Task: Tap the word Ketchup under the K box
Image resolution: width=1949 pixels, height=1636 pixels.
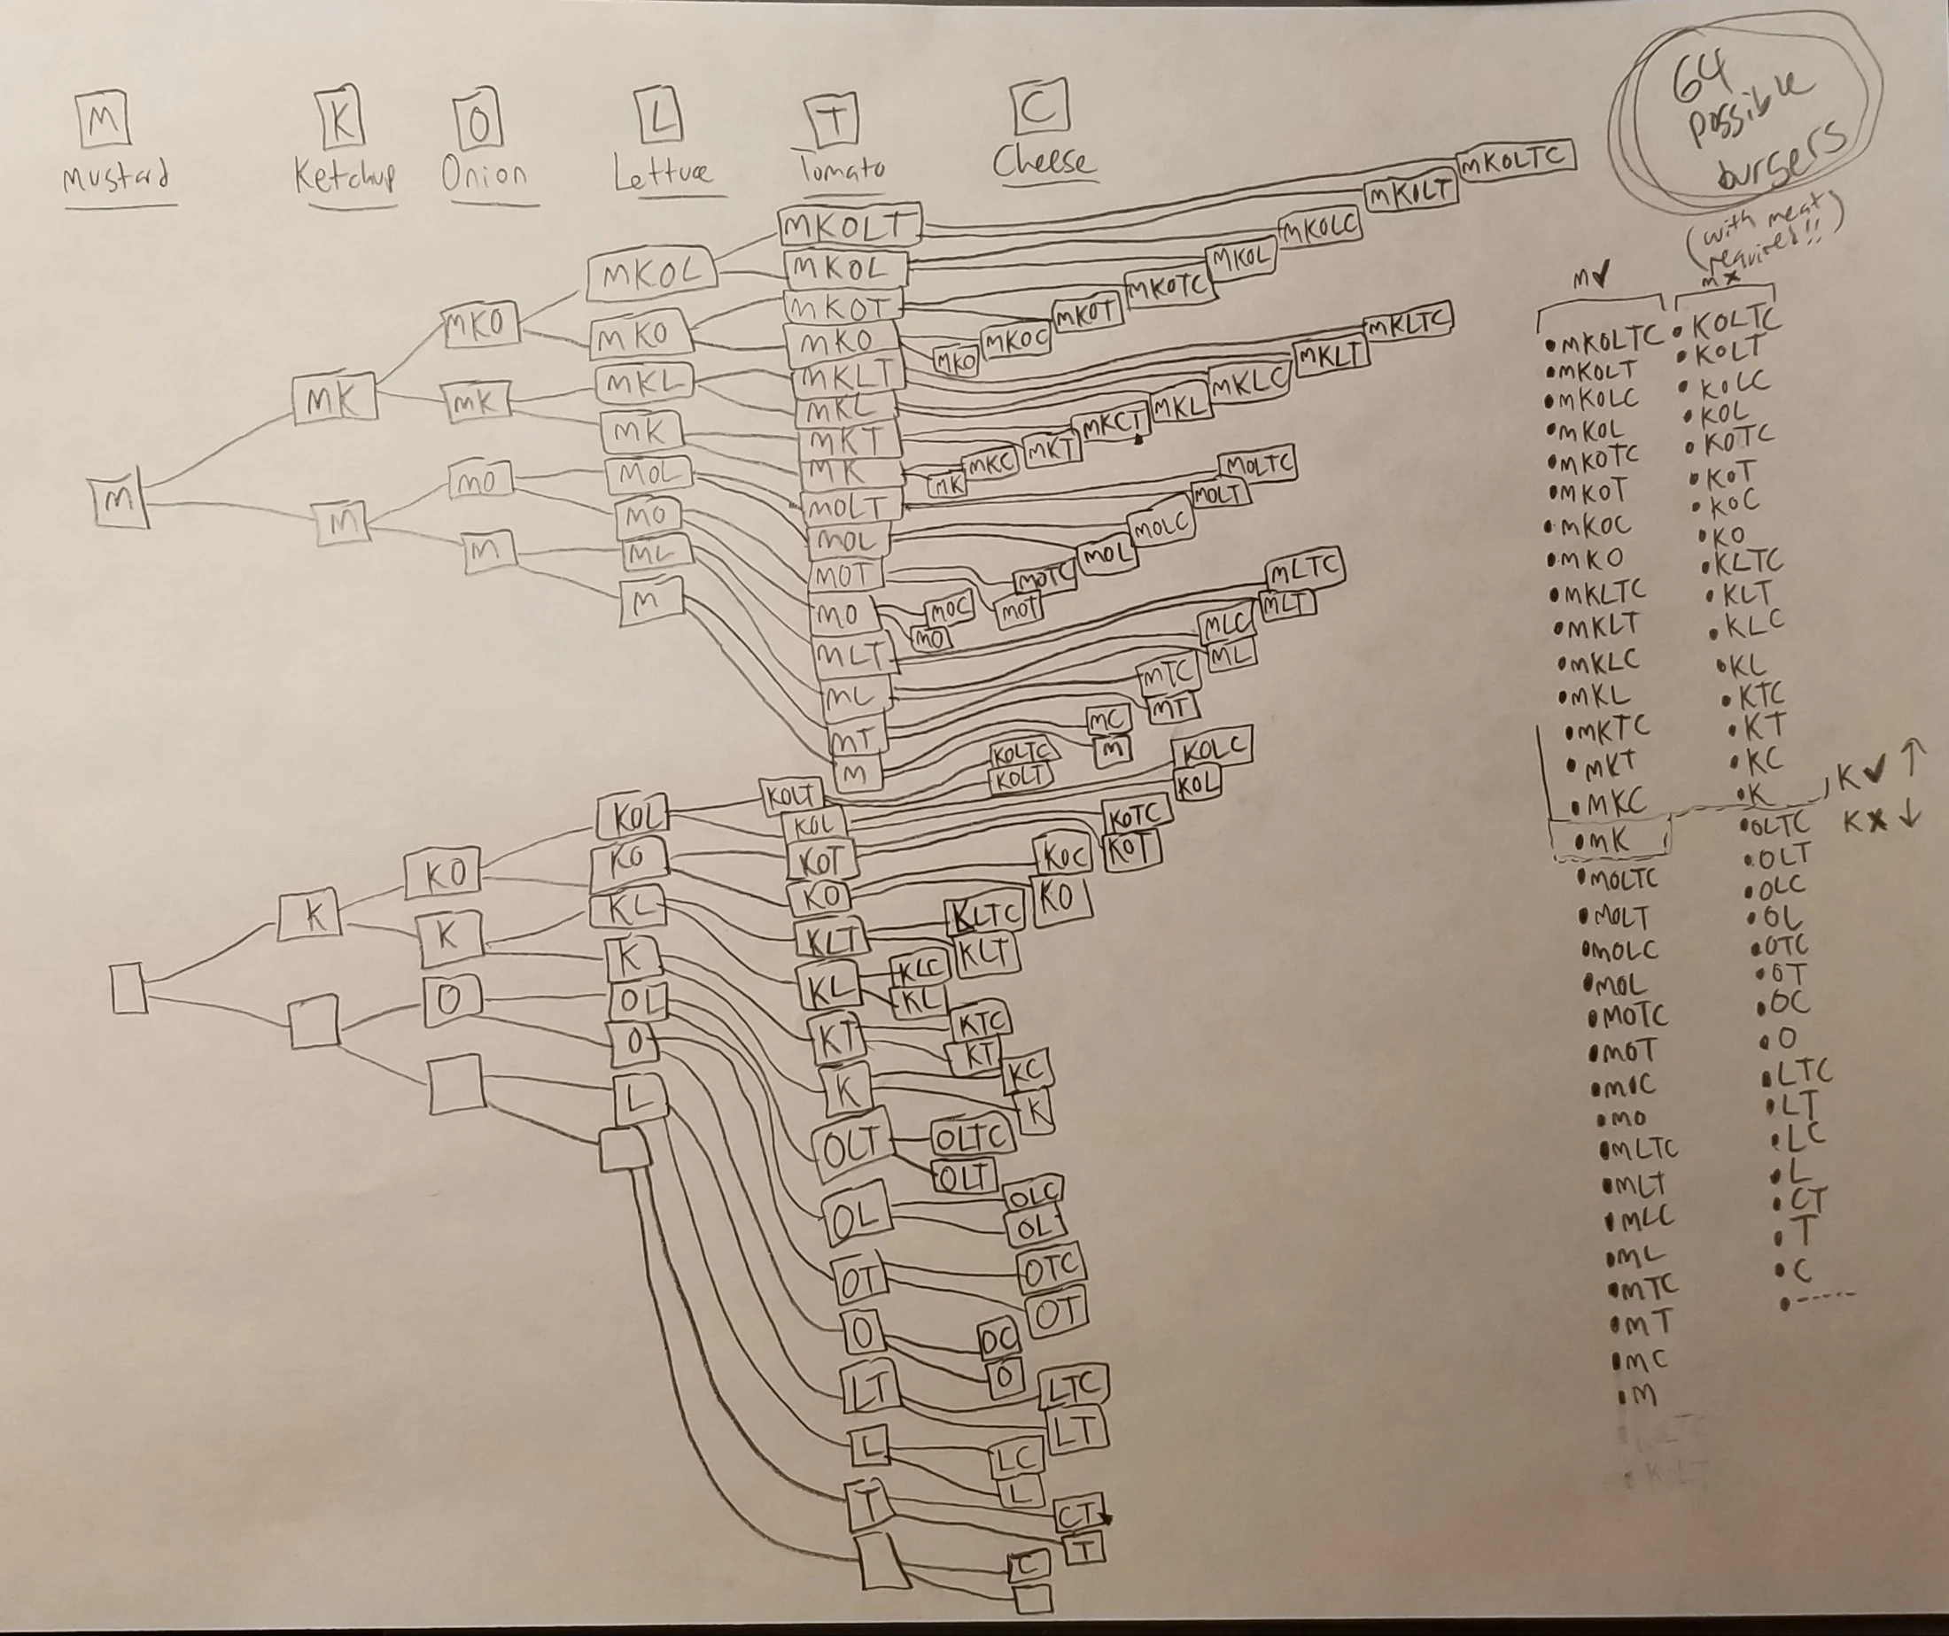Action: click(346, 175)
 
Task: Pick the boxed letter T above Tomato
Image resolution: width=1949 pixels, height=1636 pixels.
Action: click(836, 121)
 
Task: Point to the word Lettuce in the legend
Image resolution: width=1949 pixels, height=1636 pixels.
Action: click(662, 174)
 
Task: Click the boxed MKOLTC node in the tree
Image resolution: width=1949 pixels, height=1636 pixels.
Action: click(1515, 159)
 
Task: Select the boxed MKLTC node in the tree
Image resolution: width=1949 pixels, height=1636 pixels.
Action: click(1407, 323)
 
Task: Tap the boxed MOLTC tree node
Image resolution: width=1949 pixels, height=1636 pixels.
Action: click(1258, 464)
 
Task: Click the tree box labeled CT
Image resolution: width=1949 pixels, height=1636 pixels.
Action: click(1079, 1515)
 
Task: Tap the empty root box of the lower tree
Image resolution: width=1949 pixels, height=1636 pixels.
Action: click(128, 989)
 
